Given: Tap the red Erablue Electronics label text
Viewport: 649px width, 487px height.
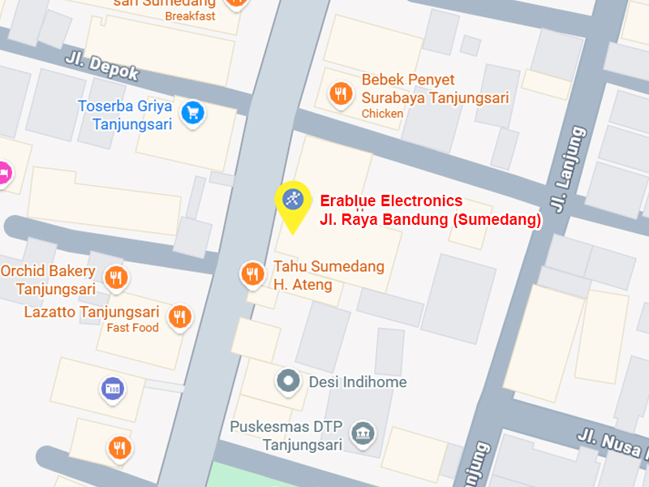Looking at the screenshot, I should tap(391, 201).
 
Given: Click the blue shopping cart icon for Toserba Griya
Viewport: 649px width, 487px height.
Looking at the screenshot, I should tap(192, 112).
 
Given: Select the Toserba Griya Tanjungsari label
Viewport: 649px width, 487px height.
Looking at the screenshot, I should tap(126, 114).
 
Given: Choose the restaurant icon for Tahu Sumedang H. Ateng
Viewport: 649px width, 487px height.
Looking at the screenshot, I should tap(253, 274).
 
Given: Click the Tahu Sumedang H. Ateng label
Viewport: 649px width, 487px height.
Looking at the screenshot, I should tap(329, 275).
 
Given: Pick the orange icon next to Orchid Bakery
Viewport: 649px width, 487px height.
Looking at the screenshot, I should tap(118, 279).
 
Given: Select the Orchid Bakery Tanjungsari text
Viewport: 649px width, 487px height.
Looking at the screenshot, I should tap(48, 280).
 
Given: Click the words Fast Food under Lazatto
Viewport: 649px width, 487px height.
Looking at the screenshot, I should tap(133, 328).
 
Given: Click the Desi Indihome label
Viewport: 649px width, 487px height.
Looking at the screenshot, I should tap(358, 381).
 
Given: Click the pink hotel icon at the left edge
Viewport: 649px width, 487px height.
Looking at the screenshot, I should tap(4, 173).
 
